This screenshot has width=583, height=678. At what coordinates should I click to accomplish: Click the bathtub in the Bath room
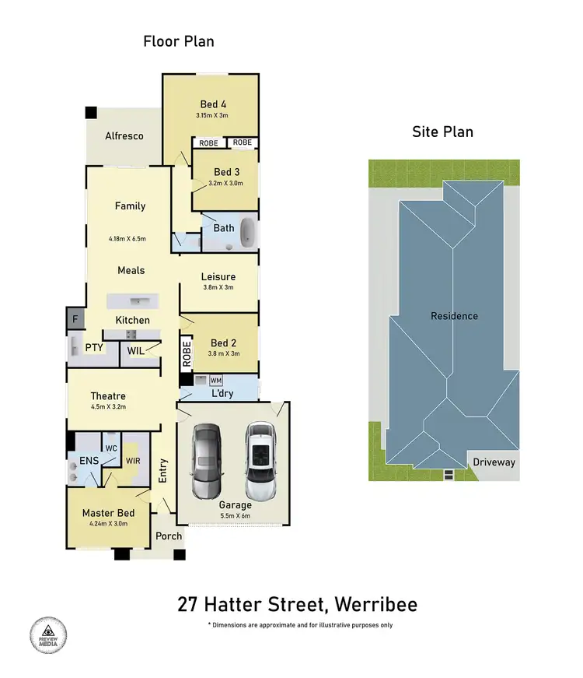click(248, 233)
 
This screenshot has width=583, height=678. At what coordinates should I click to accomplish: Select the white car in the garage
click(260, 462)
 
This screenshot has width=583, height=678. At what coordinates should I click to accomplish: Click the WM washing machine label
click(216, 381)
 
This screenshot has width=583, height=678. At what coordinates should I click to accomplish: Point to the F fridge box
click(75, 318)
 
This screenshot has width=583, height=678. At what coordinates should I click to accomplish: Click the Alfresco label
click(124, 136)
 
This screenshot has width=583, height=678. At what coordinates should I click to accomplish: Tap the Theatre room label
click(108, 395)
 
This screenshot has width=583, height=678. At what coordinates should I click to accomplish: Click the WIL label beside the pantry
click(135, 351)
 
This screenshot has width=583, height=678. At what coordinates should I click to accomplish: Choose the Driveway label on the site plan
click(494, 462)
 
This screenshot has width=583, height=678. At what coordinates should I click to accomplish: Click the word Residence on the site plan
click(455, 316)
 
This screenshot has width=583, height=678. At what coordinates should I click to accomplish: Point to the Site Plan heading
click(442, 132)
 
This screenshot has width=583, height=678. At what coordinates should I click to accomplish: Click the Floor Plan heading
click(178, 41)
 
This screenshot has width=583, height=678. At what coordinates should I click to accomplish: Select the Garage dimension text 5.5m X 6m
click(234, 515)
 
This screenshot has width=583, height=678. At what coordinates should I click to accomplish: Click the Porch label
click(169, 536)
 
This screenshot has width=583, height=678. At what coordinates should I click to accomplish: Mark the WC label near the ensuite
click(111, 448)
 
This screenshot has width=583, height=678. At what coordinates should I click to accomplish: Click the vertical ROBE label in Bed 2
click(186, 354)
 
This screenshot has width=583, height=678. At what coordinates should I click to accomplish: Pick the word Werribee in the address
click(374, 605)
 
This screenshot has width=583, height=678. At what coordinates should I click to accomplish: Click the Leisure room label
click(218, 276)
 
